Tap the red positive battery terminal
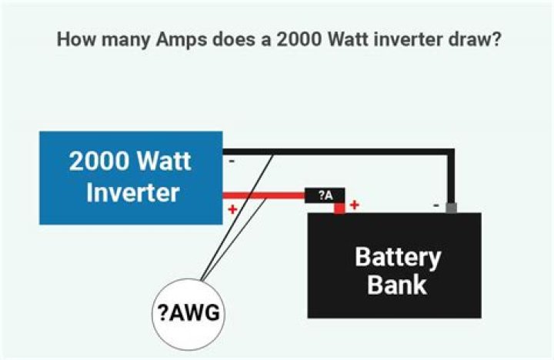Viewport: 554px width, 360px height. [x=339, y=208]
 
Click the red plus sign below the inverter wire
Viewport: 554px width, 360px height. [x=231, y=209]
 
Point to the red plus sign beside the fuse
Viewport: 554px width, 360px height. [x=355, y=205]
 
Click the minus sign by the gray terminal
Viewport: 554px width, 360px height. [x=436, y=205]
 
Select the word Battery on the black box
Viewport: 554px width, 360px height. [x=398, y=257]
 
